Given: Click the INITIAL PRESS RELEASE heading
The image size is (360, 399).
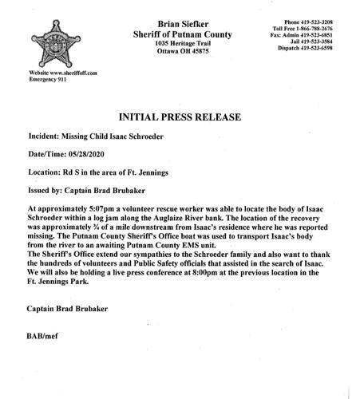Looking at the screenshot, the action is [x=181, y=117].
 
